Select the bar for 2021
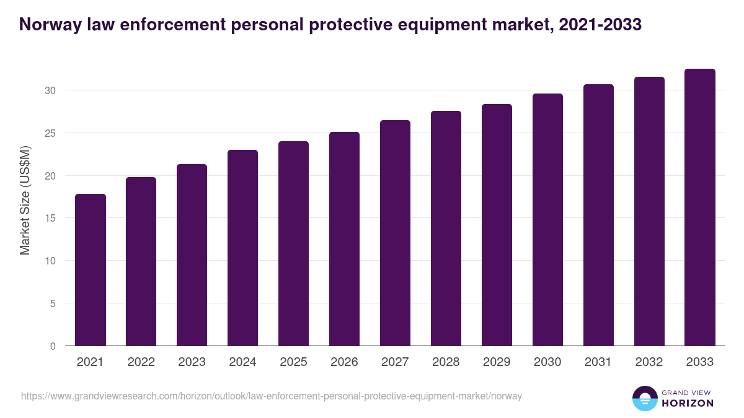[x=91, y=270]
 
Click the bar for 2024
[x=243, y=248]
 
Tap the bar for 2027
[x=396, y=233]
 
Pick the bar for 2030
[x=548, y=220]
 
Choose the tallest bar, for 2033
[x=700, y=207]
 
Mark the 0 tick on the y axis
[x=53, y=346]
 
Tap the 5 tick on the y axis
[x=53, y=303]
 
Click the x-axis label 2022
[x=141, y=362]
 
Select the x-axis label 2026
[x=345, y=362]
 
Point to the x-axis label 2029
[x=497, y=362]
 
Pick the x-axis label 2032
[x=649, y=362]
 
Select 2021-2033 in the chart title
[x=600, y=25]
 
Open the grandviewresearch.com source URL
[x=272, y=396]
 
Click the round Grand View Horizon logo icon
[x=645, y=398]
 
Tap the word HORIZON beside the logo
[x=687, y=403]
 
